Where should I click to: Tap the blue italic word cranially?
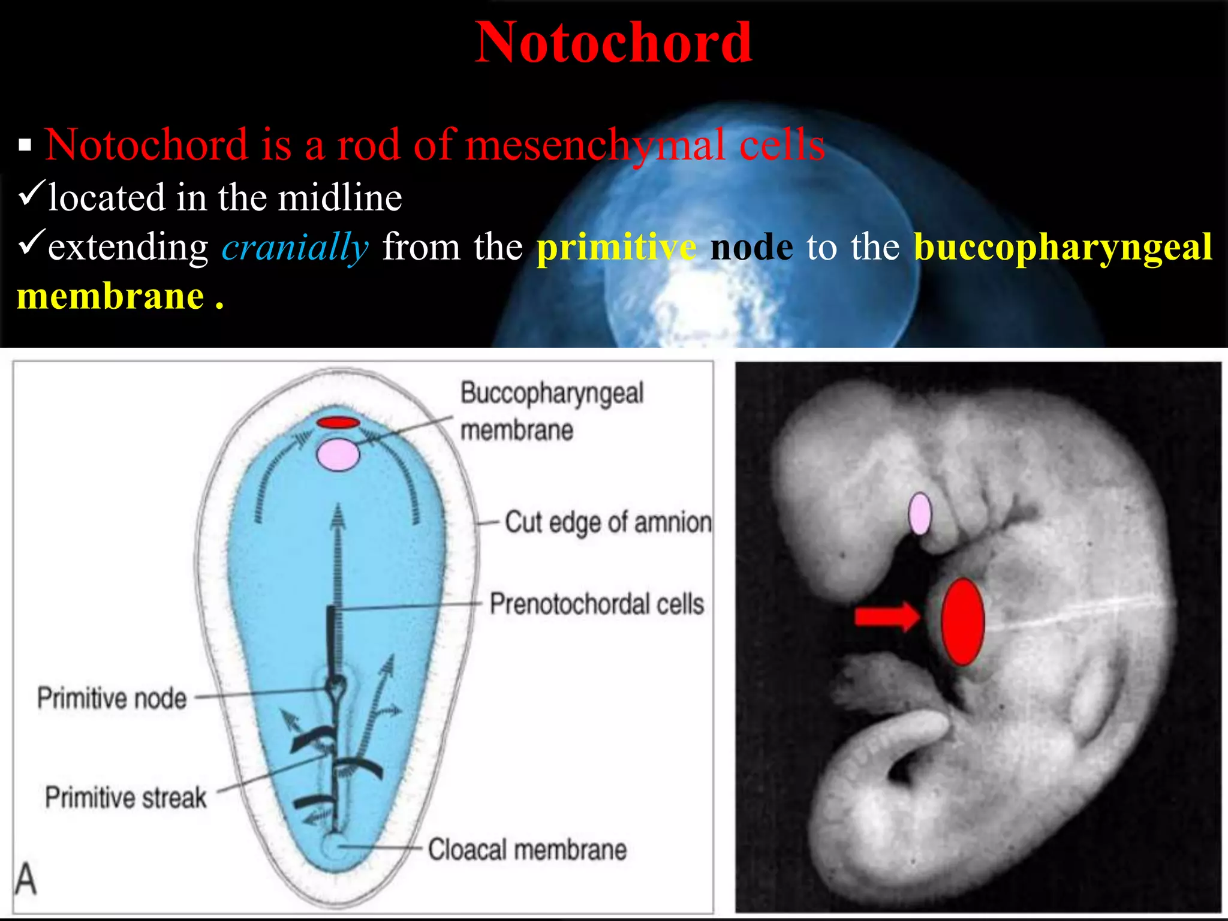tap(295, 247)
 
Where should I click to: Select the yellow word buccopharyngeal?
tap(1063, 247)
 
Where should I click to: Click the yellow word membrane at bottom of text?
tap(111, 296)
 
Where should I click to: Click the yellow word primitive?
tap(616, 247)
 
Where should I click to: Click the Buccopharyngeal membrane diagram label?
tap(551, 411)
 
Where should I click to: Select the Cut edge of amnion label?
tap(608, 522)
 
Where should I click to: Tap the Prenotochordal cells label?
tap(597, 604)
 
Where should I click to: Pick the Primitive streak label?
tap(126, 797)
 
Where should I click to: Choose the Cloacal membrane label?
tap(528, 850)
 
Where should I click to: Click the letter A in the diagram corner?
tap(26, 879)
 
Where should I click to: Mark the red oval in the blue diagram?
tap(338, 423)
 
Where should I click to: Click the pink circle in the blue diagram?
tap(338, 455)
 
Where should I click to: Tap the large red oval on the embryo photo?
tap(962, 622)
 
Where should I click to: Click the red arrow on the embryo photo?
tap(887, 616)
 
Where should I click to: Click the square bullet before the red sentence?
tap(25, 145)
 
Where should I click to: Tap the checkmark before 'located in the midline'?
tap(30, 194)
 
